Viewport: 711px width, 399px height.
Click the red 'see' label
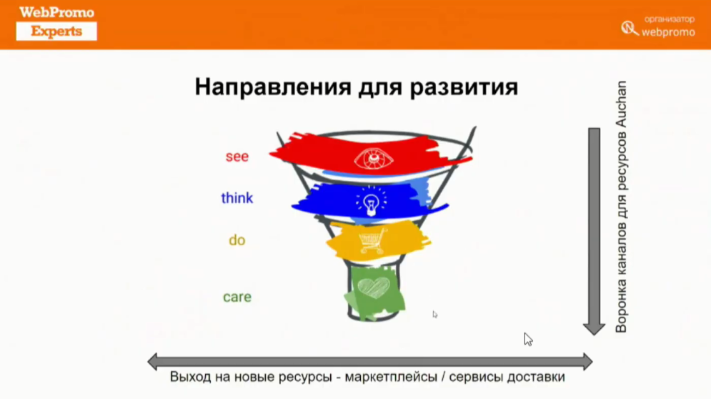tap(237, 157)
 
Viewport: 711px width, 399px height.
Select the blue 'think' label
tap(237, 198)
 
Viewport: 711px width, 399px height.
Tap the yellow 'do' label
tap(237, 240)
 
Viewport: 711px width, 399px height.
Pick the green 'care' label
tap(237, 297)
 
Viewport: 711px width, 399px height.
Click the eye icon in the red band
tap(374, 159)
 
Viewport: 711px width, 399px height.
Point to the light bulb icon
tap(372, 202)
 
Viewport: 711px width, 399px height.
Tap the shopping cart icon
tap(372, 240)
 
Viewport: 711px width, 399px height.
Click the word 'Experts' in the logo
tap(56, 31)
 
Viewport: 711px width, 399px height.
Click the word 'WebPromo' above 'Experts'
tap(56, 12)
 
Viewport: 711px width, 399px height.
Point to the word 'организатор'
tap(670, 19)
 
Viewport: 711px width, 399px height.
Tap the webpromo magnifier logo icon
tap(630, 28)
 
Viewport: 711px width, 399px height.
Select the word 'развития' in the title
tap(464, 87)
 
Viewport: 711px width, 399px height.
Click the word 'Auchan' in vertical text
tap(621, 104)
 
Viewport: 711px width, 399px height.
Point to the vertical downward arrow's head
tap(594, 329)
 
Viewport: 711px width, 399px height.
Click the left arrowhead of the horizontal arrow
tap(152, 362)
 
